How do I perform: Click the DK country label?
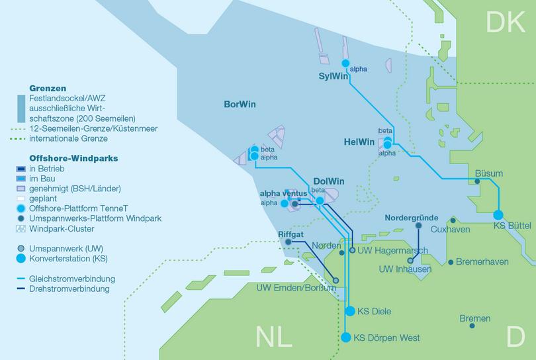506,22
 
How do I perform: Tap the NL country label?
274,337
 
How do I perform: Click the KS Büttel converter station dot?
498,214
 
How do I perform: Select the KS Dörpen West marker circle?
345,337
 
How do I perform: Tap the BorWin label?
241,105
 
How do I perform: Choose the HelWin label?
359,142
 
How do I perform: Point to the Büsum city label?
489,173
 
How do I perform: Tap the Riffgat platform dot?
288,242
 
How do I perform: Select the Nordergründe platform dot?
418,226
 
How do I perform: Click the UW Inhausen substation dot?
410,260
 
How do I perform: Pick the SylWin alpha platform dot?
345,64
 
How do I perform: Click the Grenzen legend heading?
48,87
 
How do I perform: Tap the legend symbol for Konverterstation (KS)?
22,258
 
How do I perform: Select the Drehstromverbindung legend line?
22,289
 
